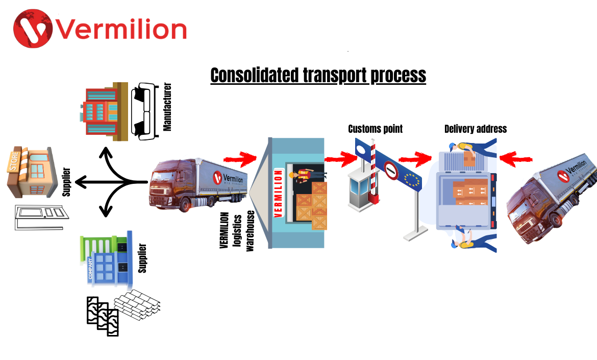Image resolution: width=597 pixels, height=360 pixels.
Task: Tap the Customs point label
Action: coord(375,129)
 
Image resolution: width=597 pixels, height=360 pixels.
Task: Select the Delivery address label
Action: coord(476,129)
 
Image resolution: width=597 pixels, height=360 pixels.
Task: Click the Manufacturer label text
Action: coord(167,107)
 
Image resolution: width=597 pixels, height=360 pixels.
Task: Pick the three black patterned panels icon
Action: coord(102,316)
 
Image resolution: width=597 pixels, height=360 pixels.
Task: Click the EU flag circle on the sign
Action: coord(411,178)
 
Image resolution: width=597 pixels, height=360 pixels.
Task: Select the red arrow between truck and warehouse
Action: coord(243,157)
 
